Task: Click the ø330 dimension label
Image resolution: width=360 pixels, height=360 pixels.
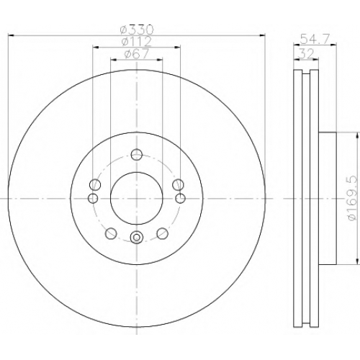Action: [x=137, y=30]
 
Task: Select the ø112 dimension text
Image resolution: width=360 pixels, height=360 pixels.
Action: [x=137, y=42]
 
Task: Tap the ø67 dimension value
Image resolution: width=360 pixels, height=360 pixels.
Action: [x=137, y=53]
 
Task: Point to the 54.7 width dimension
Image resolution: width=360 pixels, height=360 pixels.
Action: [x=315, y=39]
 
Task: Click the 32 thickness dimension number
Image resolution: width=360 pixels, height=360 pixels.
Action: [x=306, y=53]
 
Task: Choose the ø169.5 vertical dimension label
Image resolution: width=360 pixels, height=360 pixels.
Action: [x=354, y=199]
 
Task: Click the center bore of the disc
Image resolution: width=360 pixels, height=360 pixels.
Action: [x=137, y=199]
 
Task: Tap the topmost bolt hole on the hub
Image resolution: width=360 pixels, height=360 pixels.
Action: [x=137, y=154]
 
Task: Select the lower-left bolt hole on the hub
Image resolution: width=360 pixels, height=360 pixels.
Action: [x=111, y=233]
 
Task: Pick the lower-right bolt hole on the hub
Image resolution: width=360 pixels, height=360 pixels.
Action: [x=162, y=233]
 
